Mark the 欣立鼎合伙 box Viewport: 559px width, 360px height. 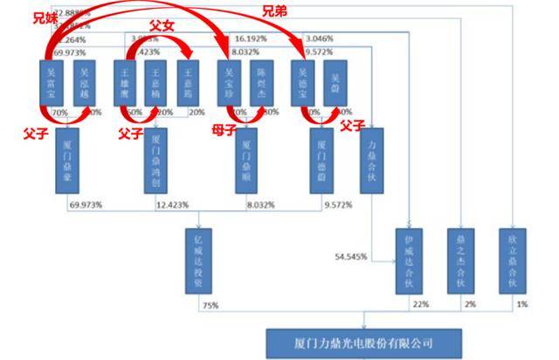click(513, 260)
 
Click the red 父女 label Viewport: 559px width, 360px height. click(161, 28)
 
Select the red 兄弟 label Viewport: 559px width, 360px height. click(273, 11)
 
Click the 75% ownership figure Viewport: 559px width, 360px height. click(210, 305)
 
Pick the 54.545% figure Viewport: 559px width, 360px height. click(352, 257)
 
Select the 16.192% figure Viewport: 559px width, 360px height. click(251, 39)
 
